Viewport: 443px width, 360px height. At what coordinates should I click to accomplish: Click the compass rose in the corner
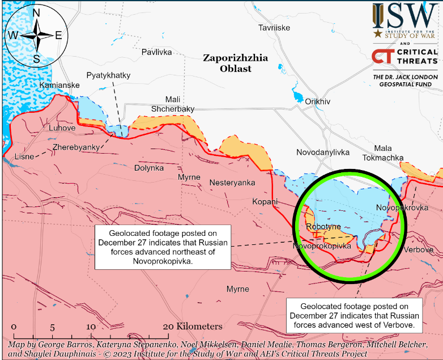[x=36, y=35]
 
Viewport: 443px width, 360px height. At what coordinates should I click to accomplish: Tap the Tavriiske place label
[x=274, y=28]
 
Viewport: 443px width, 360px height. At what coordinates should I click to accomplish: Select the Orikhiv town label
[x=317, y=101]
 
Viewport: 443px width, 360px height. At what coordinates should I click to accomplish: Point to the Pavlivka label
[x=157, y=52]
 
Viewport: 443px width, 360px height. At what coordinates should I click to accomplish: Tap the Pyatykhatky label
[x=108, y=75]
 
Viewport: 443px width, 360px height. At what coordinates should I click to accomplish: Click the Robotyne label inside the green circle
[x=323, y=227]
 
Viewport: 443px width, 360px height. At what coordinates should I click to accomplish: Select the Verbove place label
[x=419, y=249]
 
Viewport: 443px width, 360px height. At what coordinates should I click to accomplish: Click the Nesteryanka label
[x=232, y=183]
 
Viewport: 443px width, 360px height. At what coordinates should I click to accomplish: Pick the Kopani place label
[x=265, y=201]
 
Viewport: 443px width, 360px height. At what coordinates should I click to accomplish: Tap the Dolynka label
[x=149, y=168]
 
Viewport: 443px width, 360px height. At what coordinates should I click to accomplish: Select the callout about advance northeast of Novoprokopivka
[x=162, y=247]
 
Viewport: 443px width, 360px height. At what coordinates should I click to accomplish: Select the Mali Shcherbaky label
[x=173, y=104]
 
